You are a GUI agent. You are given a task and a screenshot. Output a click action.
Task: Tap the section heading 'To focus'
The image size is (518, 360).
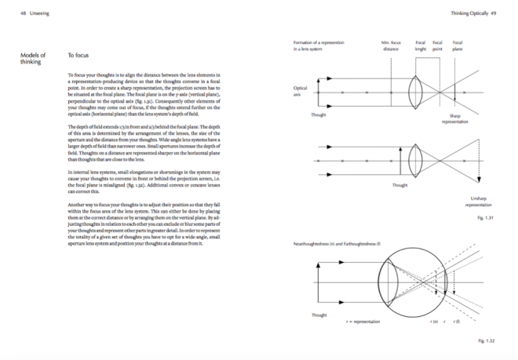78,56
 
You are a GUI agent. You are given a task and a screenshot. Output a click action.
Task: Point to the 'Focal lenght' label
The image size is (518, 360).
421,45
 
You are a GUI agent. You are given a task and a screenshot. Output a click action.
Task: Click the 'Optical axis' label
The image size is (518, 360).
300,91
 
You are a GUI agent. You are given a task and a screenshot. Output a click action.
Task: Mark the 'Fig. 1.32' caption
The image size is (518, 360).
487,341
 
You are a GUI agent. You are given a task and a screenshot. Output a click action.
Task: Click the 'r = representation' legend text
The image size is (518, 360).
362,322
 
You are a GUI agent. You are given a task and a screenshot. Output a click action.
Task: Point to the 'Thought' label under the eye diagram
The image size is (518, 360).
319,315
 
